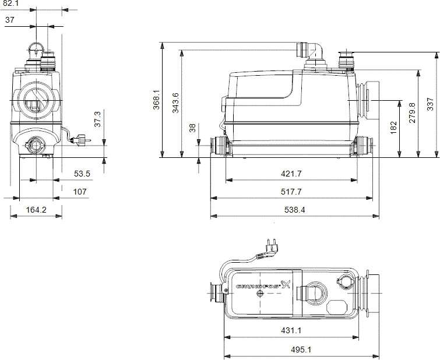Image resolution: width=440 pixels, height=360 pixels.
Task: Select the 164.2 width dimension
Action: coord(36,210)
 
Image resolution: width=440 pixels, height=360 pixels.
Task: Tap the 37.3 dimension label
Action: coord(98,119)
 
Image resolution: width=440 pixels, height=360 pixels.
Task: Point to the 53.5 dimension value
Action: coord(82,174)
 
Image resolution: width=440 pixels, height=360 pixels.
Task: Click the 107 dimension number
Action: coord(79,191)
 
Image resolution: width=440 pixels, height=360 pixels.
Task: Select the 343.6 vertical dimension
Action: coord(175,103)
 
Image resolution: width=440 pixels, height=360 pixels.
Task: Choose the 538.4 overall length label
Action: coord(294,210)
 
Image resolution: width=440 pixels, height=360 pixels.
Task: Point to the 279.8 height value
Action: coord(412,114)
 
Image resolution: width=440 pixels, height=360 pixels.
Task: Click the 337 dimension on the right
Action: coord(430,104)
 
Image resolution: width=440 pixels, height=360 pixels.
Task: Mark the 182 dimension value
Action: coord(393,127)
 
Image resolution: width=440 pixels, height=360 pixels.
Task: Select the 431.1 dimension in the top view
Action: coord(291,331)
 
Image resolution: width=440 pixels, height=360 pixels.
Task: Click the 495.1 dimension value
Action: coord(301,350)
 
